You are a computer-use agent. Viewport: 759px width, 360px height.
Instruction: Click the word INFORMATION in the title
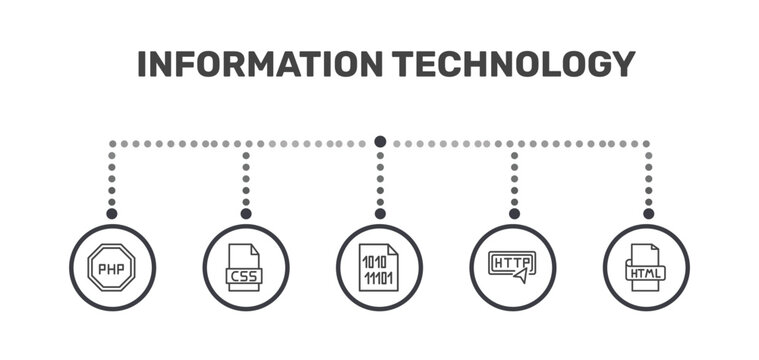pyautogui.click(x=260, y=64)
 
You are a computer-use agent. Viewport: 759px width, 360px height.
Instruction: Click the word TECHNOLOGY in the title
pyautogui.click(x=514, y=64)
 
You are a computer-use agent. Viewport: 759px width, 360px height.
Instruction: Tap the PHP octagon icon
pyautogui.click(x=112, y=267)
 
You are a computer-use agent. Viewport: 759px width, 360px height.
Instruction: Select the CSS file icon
pyautogui.click(x=244, y=267)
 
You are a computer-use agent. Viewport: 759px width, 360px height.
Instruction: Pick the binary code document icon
pyautogui.click(x=379, y=267)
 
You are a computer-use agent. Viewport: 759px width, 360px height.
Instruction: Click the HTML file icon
pyautogui.click(x=645, y=267)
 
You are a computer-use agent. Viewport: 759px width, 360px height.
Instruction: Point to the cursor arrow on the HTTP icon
pyautogui.click(x=520, y=276)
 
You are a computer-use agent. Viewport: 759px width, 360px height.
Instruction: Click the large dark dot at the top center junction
pyautogui.click(x=380, y=142)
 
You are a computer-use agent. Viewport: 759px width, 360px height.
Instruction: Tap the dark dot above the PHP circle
pyautogui.click(x=112, y=213)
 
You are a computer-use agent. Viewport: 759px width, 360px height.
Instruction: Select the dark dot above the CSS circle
pyautogui.click(x=246, y=213)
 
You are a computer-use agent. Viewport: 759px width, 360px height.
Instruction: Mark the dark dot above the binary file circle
pyautogui.click(x=380, y=213)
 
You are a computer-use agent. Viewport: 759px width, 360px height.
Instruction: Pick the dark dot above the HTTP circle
pyautogui.click(x=514, y=213)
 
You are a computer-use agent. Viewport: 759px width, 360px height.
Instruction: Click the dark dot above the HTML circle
pyautogui.click(x=649, y=213)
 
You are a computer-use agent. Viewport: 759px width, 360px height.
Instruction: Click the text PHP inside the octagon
pyautogui.click(x=111, y=269)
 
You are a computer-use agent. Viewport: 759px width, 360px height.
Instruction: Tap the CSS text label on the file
pyautogui.click(x=244, y=276)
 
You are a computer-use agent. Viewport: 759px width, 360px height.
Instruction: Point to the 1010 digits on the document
pyautogui.click(x=375, y=262)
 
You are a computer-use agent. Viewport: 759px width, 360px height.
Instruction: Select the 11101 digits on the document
pyautogui.click(x=379, y=278)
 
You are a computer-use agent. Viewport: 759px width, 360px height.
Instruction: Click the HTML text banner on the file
pyautogui.click(x=645, y=273)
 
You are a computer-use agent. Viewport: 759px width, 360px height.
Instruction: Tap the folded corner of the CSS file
pyautogui.click(x=255, y=249)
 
